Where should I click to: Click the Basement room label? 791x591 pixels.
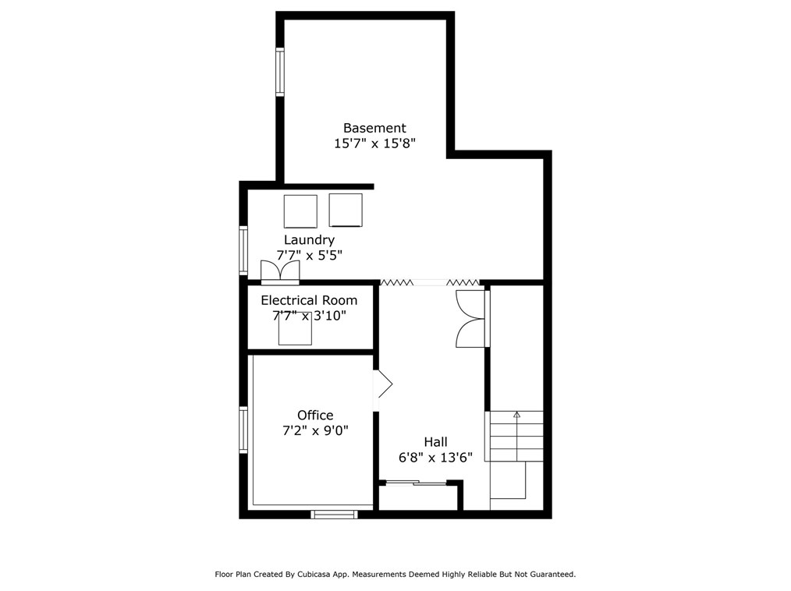coord(374,128)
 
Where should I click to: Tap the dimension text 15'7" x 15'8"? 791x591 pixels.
coord(374,143)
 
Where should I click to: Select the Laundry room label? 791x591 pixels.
coord(309,240)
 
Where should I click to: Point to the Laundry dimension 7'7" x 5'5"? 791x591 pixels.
coord(309,255)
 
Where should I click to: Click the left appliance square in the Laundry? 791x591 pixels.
coord(300,211)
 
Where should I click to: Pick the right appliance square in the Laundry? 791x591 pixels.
coord(346,211)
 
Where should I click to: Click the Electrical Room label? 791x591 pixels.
coord(309,300)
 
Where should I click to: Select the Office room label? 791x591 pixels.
coord(315,416)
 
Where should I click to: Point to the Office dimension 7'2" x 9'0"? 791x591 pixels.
coord(315,430)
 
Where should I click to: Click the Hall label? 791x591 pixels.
coord(435,442)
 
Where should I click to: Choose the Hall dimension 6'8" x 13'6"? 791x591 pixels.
coord(435,458)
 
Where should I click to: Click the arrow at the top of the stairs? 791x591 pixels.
coord(516,416)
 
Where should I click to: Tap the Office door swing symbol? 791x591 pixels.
coord(383,384)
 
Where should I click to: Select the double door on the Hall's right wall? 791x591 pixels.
coord(471,318)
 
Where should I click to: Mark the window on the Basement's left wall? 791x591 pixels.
coord(279,72)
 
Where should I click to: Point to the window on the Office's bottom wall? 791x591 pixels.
coord(334,514)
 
